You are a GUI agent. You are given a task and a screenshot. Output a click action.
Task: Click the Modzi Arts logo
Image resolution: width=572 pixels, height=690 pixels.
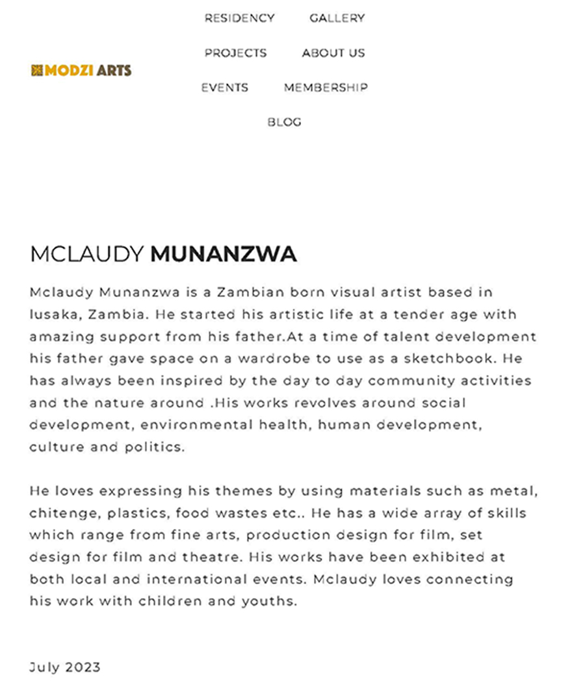click(x=81, y=70)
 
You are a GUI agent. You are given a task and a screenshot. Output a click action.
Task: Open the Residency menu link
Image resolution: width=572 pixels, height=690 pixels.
click(x=239, y=18)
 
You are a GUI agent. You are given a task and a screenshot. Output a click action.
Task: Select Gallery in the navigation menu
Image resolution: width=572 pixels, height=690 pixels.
click(x=337, y=18)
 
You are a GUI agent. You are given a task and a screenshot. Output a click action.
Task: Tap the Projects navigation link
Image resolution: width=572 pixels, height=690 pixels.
click(x=235, y=53)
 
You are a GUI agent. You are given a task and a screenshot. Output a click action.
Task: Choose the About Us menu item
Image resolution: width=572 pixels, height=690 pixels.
click(x=333, y=53)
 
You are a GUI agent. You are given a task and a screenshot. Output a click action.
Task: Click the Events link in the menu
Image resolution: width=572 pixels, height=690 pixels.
click(x=224, y=88)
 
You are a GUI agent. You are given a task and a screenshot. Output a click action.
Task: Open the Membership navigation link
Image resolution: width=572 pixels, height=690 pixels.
click(x=325, y=88)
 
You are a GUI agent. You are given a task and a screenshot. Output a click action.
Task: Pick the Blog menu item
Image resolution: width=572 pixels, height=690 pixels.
click(x=284, y=122)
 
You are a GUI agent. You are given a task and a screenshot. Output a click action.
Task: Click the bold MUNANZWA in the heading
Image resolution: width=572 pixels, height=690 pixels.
click(x=224, y=254)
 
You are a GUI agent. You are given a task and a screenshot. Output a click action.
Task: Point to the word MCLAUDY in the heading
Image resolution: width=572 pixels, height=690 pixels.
click(x=87, y=254)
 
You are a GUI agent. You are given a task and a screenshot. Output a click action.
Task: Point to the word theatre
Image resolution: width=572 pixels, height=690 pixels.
click(x=211, y=557)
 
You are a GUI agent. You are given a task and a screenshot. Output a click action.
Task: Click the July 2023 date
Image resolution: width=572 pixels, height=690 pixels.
click(x=65, y=667)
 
